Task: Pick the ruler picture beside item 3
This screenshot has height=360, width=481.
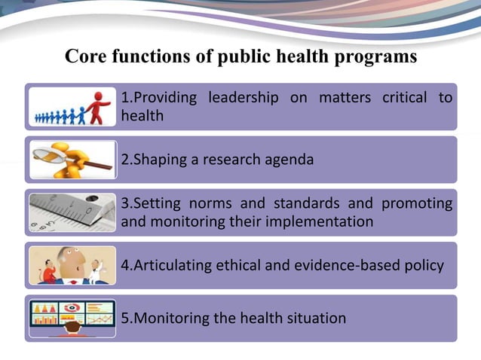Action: click(x=72, y=212)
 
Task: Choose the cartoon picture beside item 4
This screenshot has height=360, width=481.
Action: click(x=72, y=265)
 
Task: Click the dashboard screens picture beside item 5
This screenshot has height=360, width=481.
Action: click(x=72, y=317)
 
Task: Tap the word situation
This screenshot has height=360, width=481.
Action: click(x=315, y=318)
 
